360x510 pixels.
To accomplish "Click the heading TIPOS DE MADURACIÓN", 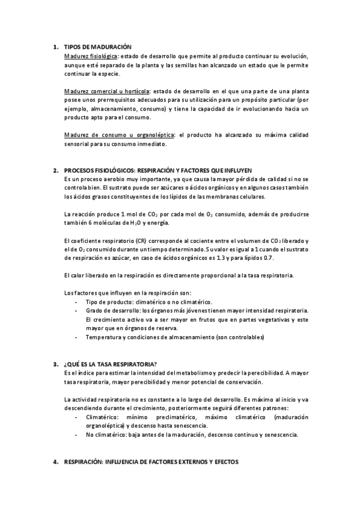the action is tap(97, 46).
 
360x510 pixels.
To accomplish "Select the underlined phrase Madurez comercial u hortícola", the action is tap(106, 90).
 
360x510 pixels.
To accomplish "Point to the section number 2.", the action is tap(55, 170).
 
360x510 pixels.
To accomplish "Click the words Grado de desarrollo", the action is tap(109, 310).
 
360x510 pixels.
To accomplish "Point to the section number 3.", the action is tap(55, 364).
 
